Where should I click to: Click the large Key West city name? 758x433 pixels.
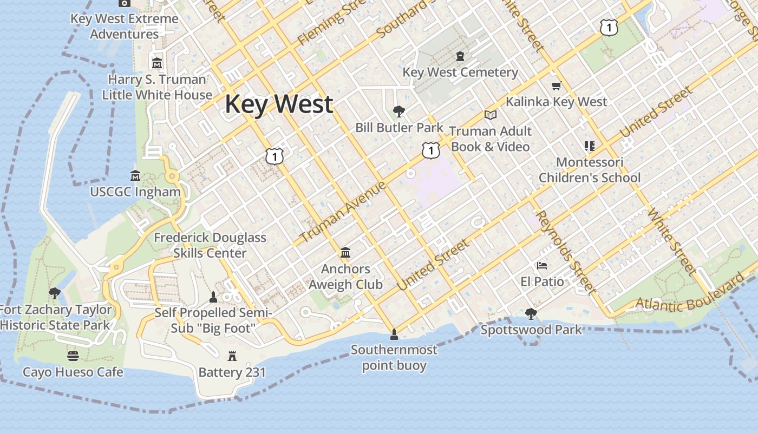coord(279,104)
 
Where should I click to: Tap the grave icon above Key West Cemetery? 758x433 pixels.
coord(460,56)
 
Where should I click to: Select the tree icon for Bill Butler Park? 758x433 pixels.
coord(399,111)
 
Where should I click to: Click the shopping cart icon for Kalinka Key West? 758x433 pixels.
coord(556,86)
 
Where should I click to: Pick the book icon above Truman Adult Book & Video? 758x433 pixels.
coord(491,115)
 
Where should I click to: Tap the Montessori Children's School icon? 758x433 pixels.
coord(590,146)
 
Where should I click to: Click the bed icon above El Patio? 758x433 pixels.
coord(542,266)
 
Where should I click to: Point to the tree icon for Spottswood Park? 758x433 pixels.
coord(531,313)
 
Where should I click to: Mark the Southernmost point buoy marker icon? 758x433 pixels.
coord(394,333)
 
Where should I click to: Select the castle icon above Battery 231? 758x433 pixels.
coord(232,356)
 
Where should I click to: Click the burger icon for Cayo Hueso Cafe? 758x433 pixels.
coord(73,356)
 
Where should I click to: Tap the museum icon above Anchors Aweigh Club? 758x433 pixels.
coord(345,252)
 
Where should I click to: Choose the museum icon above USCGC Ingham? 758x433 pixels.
coord(135,176)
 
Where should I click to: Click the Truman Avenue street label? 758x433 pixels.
coord(343,212)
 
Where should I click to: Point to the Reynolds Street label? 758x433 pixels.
coord(565,252)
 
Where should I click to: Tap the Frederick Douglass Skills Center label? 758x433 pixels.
coord(210,245)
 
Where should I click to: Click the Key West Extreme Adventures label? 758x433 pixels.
coord(125,26)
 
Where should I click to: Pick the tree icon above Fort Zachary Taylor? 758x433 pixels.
coord(54,293)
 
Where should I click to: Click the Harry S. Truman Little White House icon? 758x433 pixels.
coord(157,63)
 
